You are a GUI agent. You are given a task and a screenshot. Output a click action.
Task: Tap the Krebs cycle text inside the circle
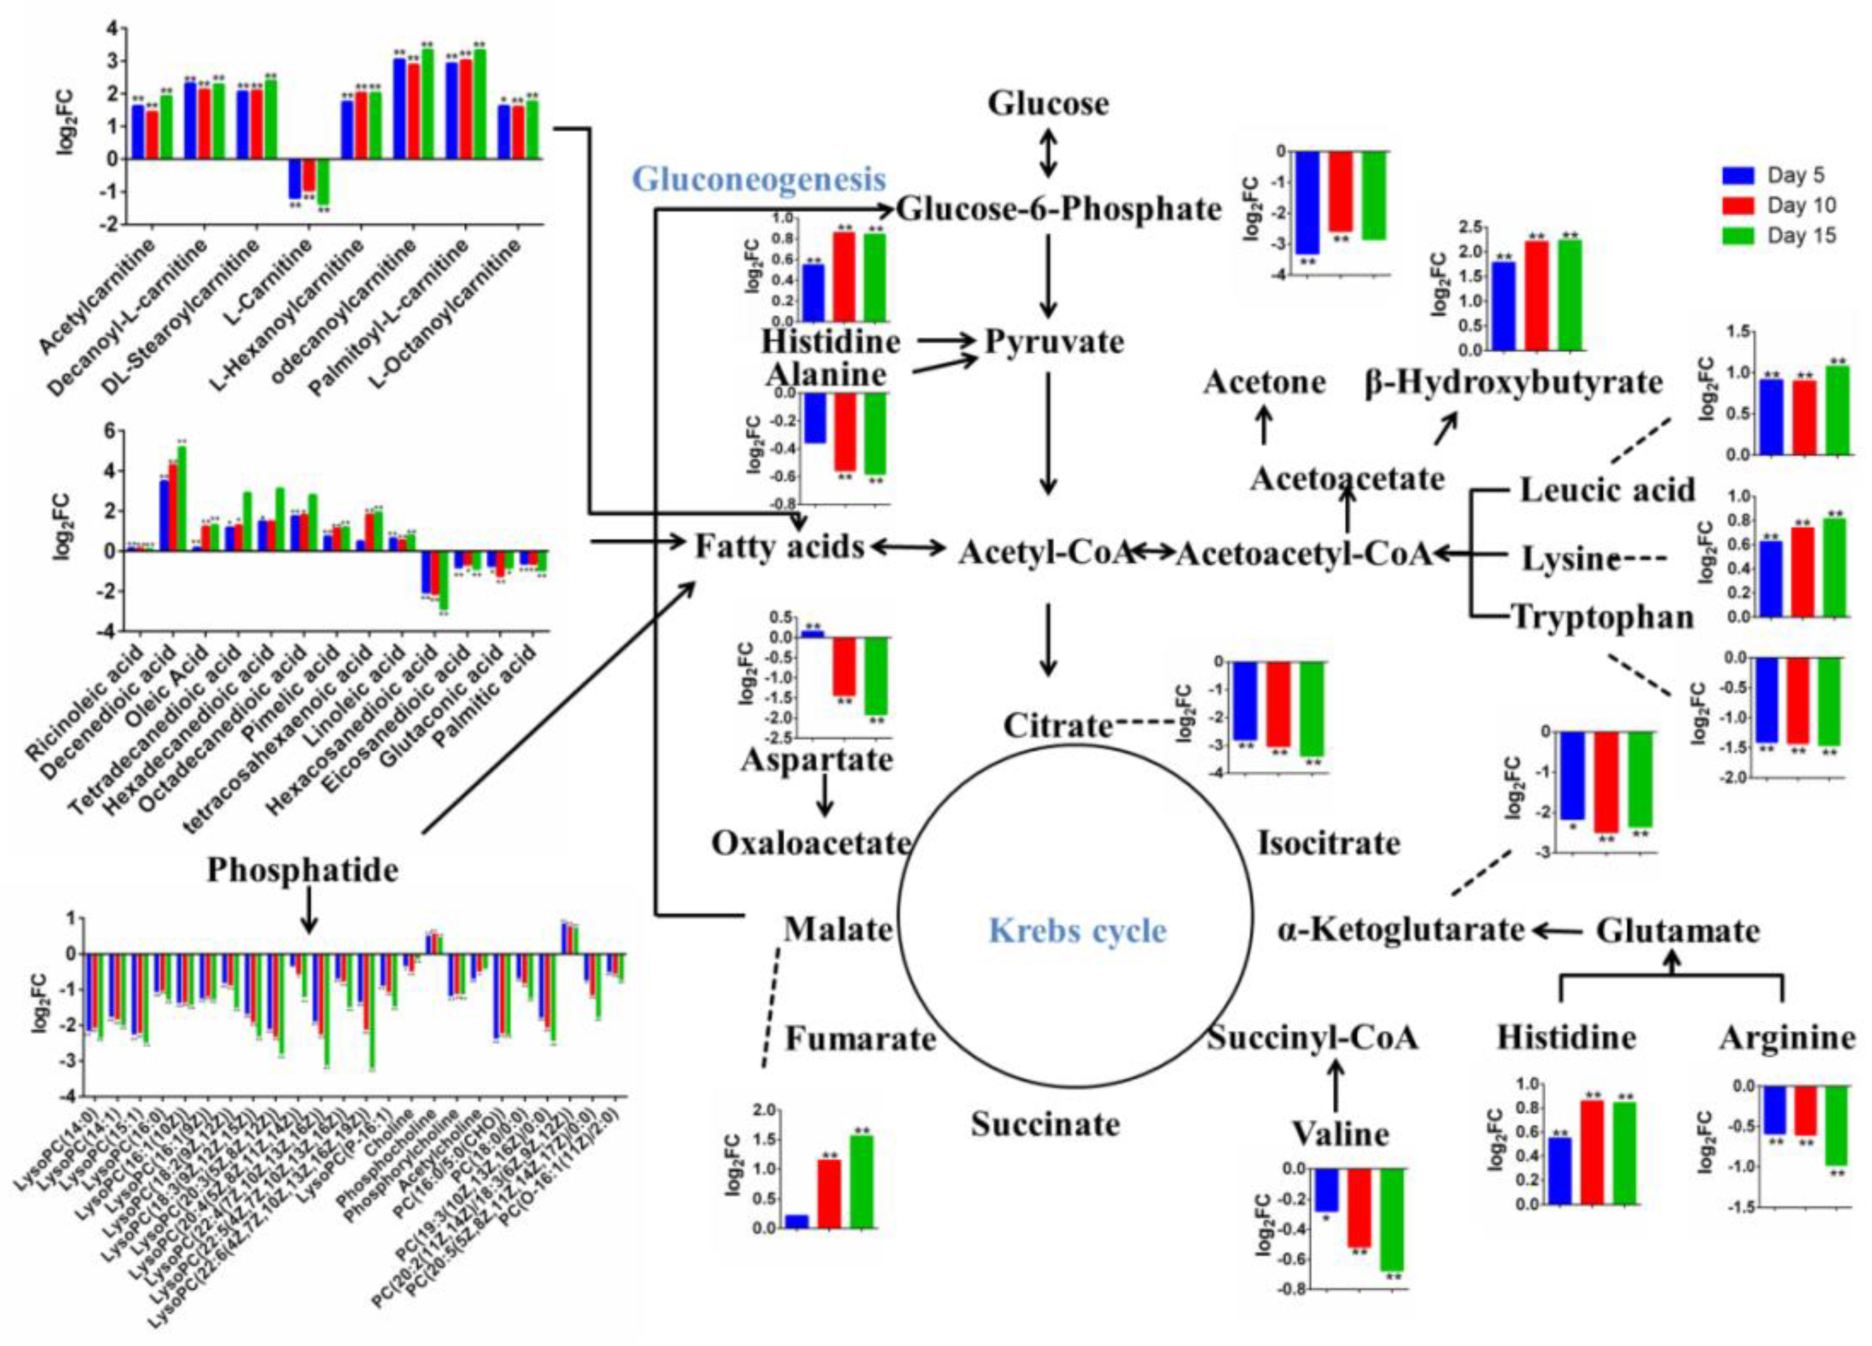tap(1077, 930)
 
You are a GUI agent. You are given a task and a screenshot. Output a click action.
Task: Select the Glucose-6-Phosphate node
tap(1058, 210)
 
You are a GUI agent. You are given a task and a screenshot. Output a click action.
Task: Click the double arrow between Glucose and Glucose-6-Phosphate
tap(1047, 153)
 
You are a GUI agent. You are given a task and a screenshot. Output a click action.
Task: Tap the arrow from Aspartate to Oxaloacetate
tap(823, 797)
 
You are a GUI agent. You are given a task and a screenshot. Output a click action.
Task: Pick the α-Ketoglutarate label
tap(1400, 930)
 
